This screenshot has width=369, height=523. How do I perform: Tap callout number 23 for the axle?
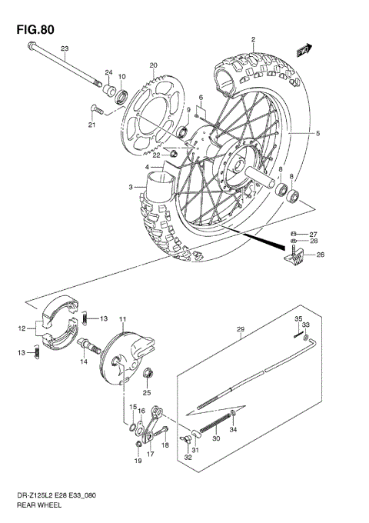[65, 49]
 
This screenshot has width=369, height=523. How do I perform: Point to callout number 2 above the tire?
[251, 39]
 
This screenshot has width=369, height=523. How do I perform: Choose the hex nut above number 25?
[147, 375]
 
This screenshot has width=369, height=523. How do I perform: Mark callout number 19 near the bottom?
[139, 461]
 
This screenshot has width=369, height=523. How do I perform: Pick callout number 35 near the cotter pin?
[298, 318]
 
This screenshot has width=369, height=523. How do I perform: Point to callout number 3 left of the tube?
[131, 187]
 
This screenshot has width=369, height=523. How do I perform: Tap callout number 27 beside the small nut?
[313, 234]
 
